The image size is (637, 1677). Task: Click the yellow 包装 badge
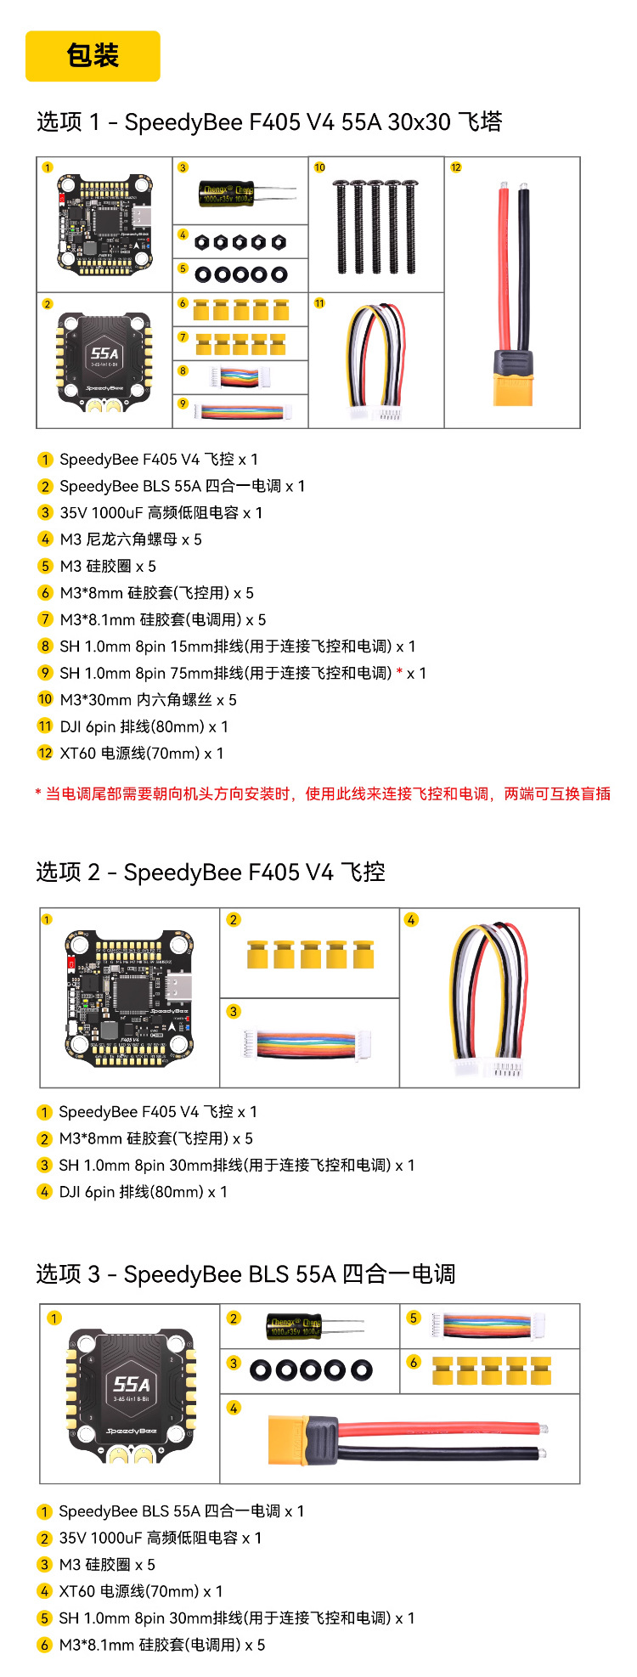click(93, 56)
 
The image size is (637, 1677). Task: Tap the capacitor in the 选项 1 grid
click(246, 194)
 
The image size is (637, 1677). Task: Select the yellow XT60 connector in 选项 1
click(514, 377)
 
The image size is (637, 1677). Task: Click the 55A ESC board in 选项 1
click(104, 358)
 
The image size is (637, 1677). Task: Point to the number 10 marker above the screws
click(319, 167)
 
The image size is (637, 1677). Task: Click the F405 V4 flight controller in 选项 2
click(130, 997)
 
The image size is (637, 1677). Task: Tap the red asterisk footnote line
click(323, 793)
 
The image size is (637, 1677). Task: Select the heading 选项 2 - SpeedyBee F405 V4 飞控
click(211, 872)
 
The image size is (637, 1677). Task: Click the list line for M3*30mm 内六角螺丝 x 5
click(137, 700)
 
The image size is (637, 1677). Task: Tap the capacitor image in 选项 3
click(314, 1326)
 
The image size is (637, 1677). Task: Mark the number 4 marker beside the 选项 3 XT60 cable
click(234, 1408)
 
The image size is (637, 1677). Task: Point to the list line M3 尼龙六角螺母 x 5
click(120, 539)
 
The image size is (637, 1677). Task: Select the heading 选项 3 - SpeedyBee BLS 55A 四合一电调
click(246, 1274)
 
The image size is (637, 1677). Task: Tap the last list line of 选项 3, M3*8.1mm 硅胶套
click(151, 1645)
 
